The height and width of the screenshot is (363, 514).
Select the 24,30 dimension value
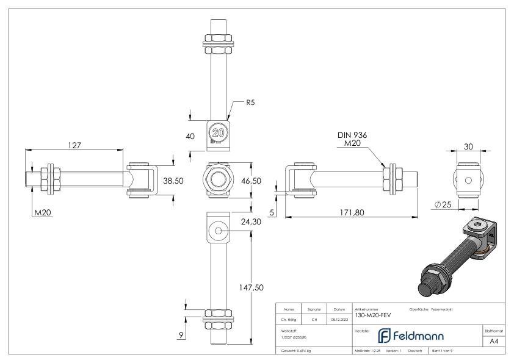click(x=252, y=222)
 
